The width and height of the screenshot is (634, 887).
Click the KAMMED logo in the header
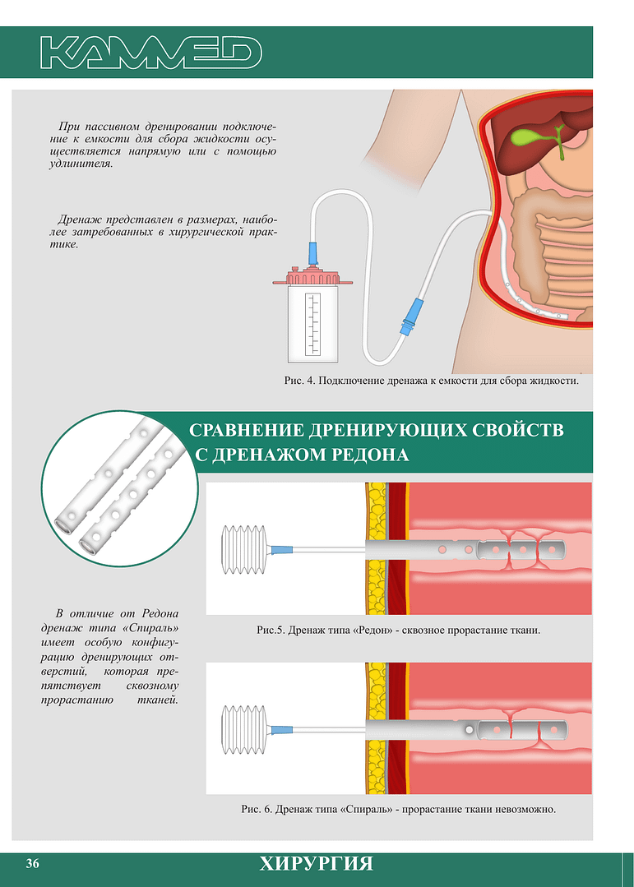click(151, 53)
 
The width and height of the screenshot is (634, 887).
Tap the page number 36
click(32, 863)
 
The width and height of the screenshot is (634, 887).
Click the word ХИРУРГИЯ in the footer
click(317, 864)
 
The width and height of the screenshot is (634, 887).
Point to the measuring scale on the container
click(312, 324)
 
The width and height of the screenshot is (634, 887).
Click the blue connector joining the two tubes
click(411, 314)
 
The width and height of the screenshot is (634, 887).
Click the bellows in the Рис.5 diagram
click(243, 549)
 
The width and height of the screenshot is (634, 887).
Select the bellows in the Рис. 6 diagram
click(243, 730)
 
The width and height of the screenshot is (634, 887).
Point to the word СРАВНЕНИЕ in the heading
click(246, 430)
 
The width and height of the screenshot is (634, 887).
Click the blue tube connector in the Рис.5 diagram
click(282, 549)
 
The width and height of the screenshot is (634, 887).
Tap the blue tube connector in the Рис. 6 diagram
click(282, 730)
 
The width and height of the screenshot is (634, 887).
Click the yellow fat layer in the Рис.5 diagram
click(376, 548)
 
